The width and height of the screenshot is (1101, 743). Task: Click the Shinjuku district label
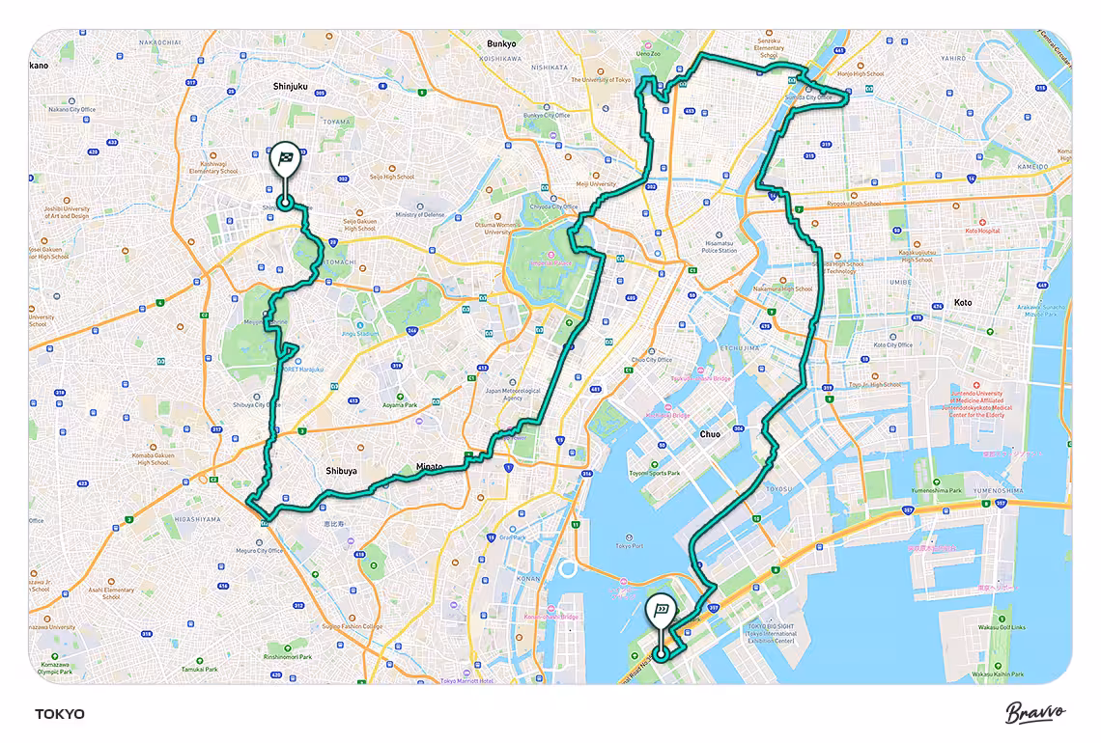290,86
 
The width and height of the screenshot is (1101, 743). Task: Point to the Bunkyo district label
501,43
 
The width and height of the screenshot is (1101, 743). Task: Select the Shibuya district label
341,471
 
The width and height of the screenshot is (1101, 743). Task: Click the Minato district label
429,467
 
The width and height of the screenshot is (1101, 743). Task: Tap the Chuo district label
710,434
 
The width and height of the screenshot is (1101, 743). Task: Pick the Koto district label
962,302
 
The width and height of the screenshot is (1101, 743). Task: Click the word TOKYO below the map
60,714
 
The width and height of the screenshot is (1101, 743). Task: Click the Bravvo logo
1035,713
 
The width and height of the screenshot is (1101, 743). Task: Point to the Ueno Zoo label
648,54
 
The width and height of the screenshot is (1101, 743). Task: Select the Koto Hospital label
982,232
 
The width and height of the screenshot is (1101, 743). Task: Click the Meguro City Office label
260,551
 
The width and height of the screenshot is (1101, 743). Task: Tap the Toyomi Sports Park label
655,473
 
